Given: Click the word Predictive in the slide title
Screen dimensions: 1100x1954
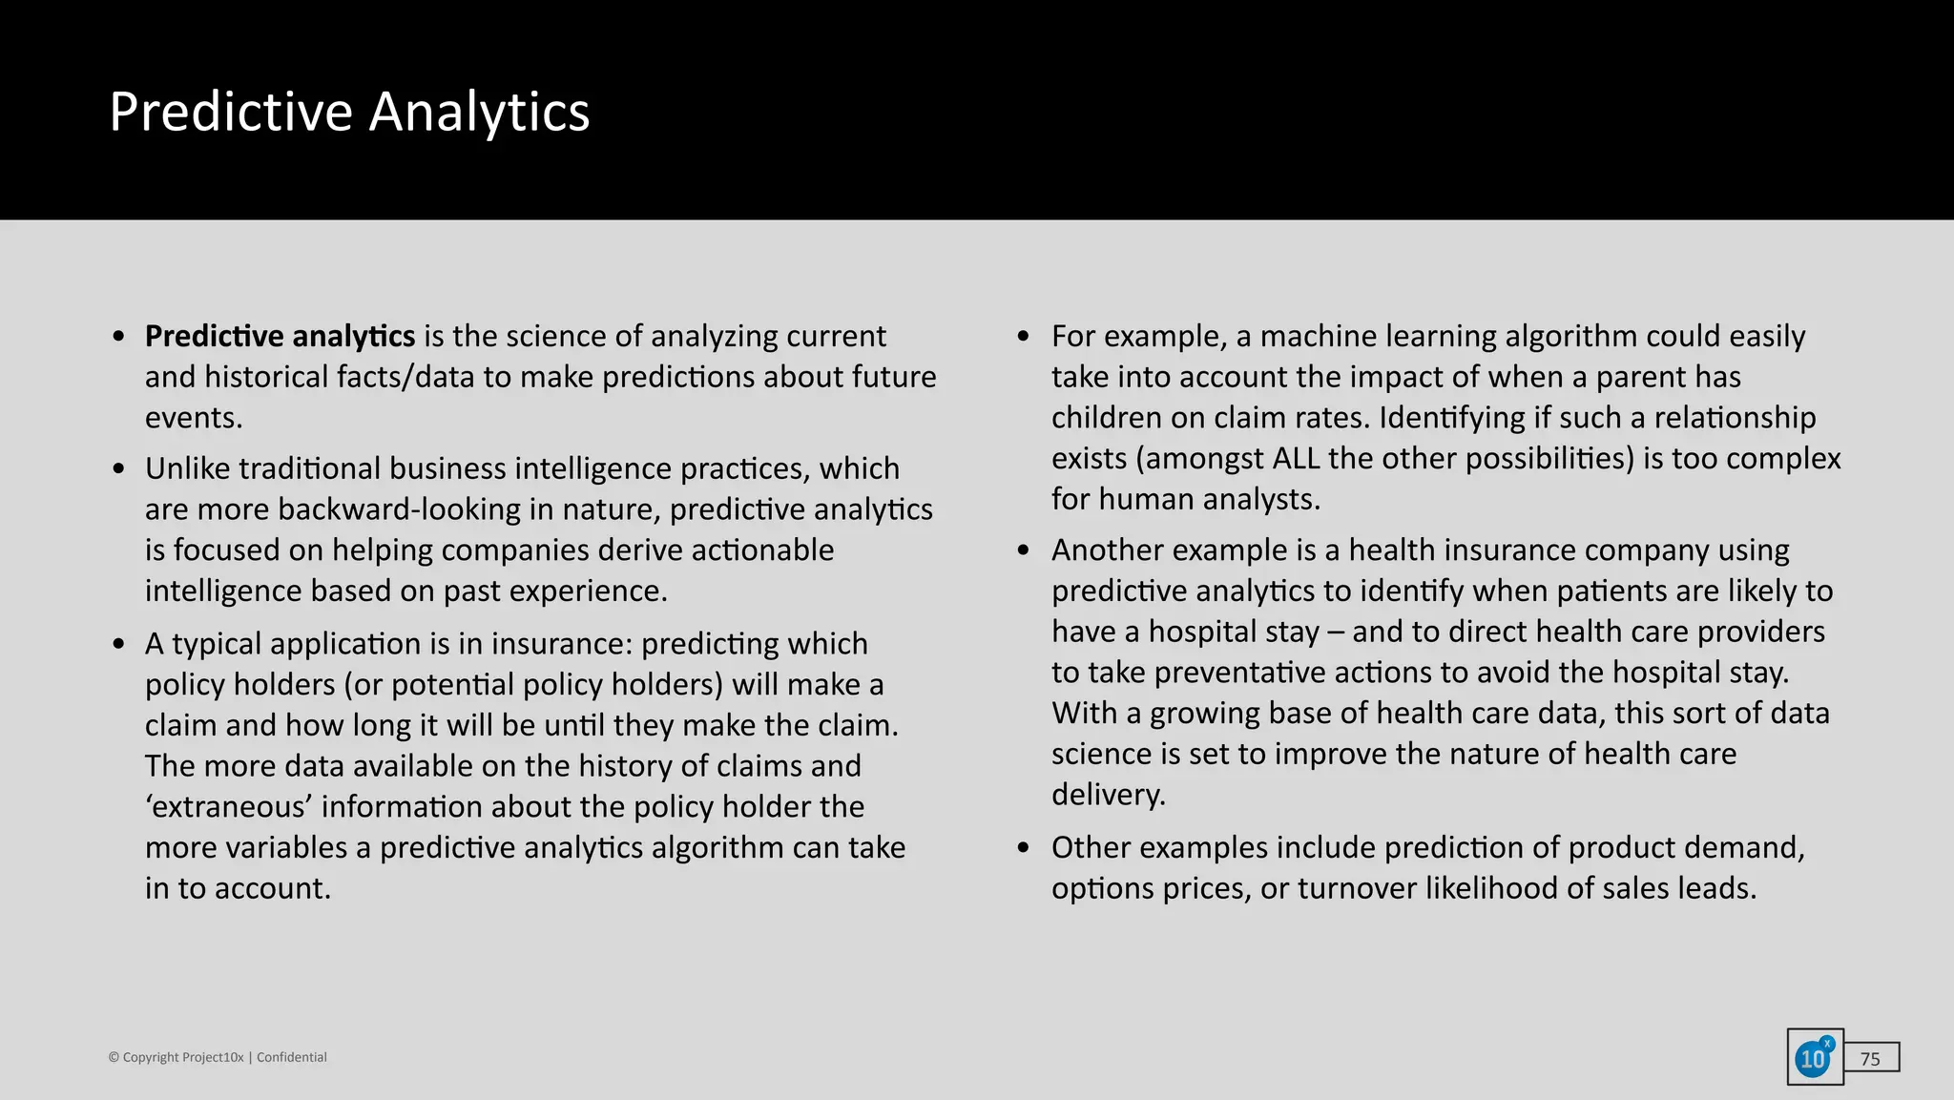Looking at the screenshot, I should [x=231, y=113].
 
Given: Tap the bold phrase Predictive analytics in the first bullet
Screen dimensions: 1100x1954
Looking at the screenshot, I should [x=280, y=337].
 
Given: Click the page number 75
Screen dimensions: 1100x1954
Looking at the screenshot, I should [x=1870, y=1059].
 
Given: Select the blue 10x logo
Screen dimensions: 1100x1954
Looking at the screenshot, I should [x=1814, y=1057].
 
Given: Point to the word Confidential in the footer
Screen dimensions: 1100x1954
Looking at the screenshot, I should [x=291, y=1057].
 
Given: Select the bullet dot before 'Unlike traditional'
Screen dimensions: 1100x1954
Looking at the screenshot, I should [x=118, y=469].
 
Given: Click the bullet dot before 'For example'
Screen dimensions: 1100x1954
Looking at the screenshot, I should [x=1024, y=337].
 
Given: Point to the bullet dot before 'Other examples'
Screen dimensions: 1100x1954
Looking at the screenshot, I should [x=1024, y=848].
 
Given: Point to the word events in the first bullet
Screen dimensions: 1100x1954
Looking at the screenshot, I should [x=192, y=419].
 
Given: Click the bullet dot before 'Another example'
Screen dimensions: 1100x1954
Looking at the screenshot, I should [x=1024, y=550].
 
